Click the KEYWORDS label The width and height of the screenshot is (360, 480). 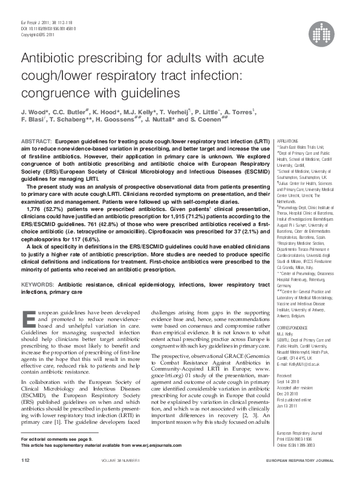point(39,284)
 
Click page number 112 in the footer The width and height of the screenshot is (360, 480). point(25,459)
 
